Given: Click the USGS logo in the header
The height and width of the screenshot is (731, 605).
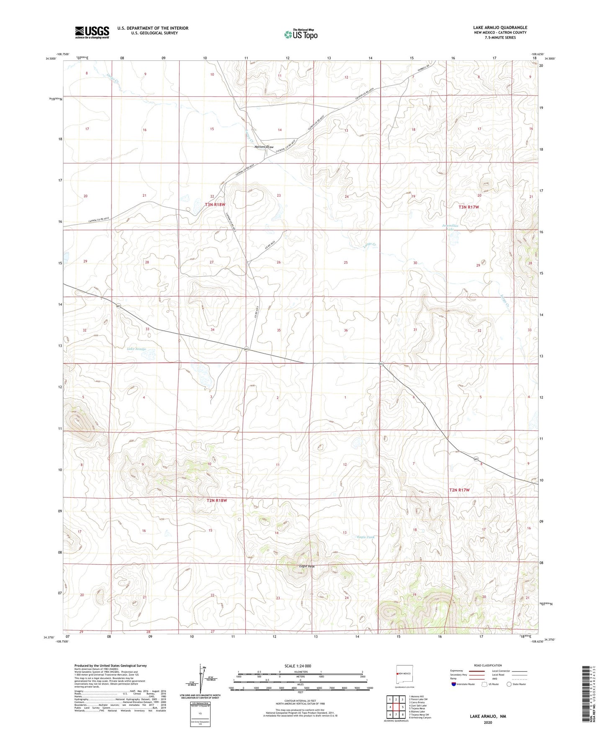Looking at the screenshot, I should pos(92,32).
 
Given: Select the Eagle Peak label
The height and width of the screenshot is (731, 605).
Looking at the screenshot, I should pos(306,566).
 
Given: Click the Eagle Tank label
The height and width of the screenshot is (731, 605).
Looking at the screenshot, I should pos(366,537).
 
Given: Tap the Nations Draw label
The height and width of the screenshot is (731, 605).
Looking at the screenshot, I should pos(264,147).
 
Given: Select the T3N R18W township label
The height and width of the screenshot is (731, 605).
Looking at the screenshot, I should pos(215,205).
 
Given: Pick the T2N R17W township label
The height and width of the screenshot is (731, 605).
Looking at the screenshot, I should pos(459,490).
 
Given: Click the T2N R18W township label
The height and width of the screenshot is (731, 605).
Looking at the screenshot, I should pos(216,500).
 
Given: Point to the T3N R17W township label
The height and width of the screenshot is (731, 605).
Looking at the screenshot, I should pos(468,207).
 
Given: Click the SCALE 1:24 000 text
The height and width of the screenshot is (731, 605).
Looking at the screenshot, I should pos(300,666).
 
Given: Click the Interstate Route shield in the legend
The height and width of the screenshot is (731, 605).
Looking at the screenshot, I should pos(454,684).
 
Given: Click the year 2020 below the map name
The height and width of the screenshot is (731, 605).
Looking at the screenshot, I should pos(488,722).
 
